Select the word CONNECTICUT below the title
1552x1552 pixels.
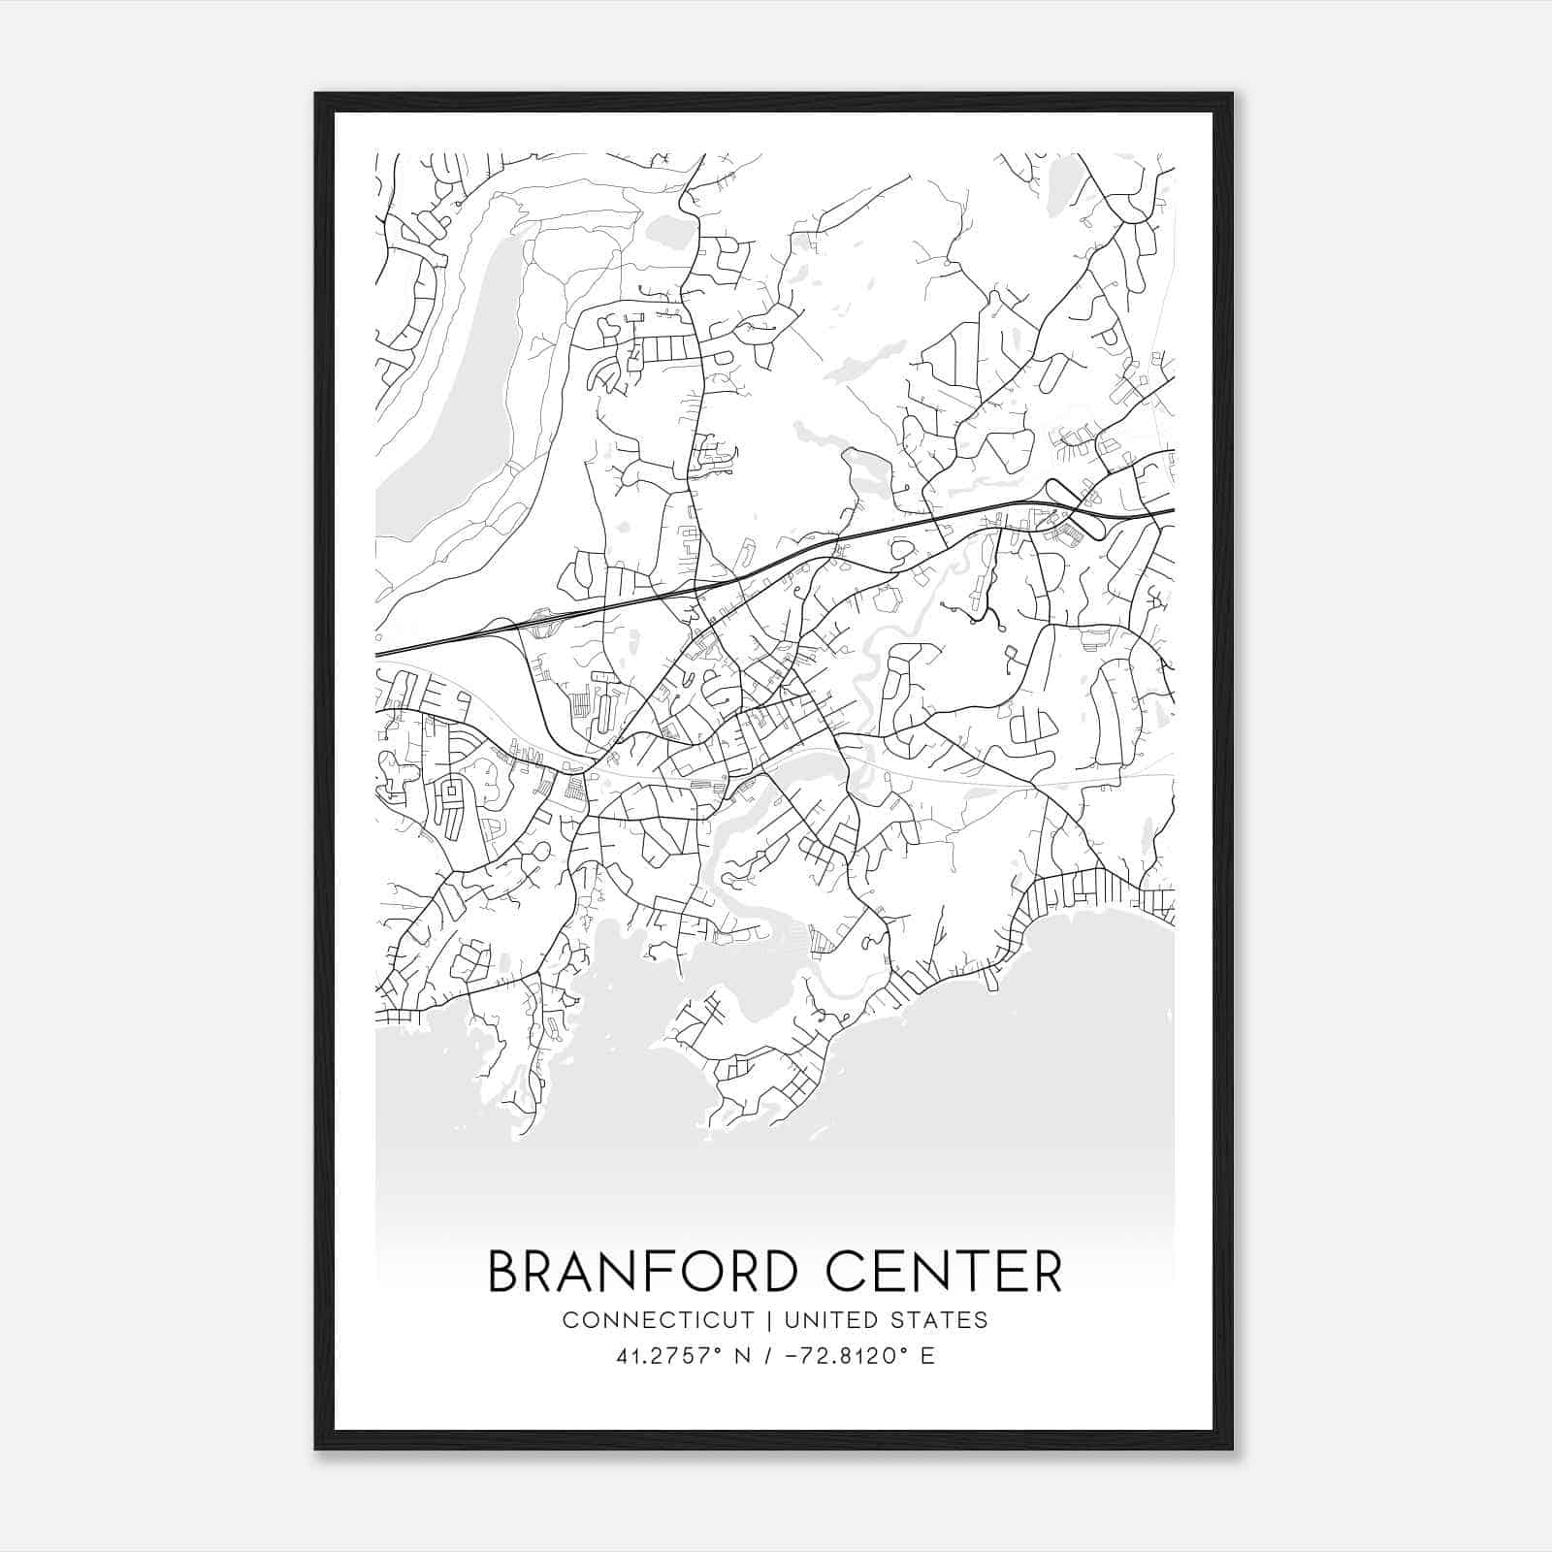click(658, 1320)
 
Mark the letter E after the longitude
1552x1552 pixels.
click(927, 1356)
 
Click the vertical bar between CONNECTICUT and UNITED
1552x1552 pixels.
click(768, 1320)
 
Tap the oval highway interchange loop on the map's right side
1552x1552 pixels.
click(1078, 508)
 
